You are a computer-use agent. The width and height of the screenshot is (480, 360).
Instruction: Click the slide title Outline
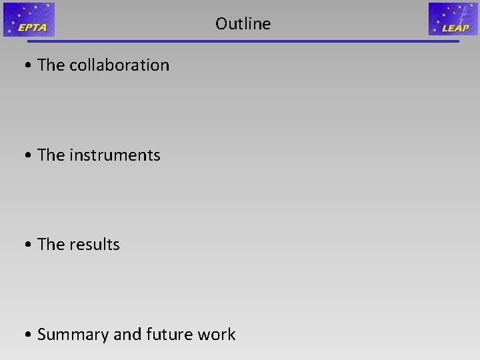coord(243,24)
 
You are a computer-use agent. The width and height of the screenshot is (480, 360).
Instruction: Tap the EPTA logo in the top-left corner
coord(29,19)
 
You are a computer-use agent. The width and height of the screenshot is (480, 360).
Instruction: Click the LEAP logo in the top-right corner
coord(453,19)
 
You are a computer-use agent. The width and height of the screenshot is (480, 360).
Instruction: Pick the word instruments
coord(115,155)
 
